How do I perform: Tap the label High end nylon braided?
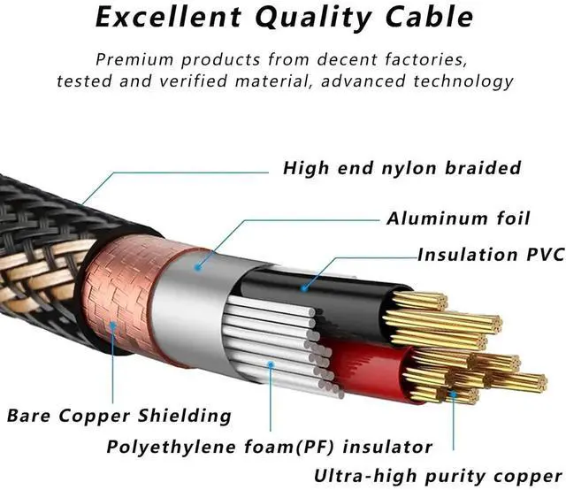click(x=402, y=167)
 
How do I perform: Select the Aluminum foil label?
click(x=458, y=218)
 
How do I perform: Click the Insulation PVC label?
click(x=490, y=255)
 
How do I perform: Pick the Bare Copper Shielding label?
click(x=119, y=414)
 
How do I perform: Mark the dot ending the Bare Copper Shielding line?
click(x=111, y=325)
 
